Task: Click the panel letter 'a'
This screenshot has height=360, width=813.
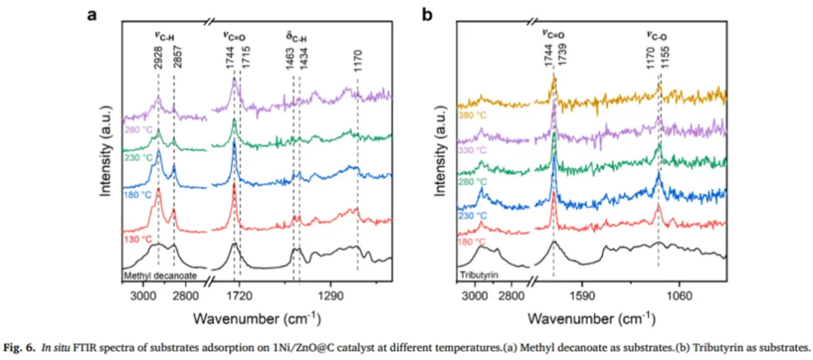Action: point(92,15)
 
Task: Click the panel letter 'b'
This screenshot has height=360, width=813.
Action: point(427,15)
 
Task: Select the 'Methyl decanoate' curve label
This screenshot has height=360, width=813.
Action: point(159,276)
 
